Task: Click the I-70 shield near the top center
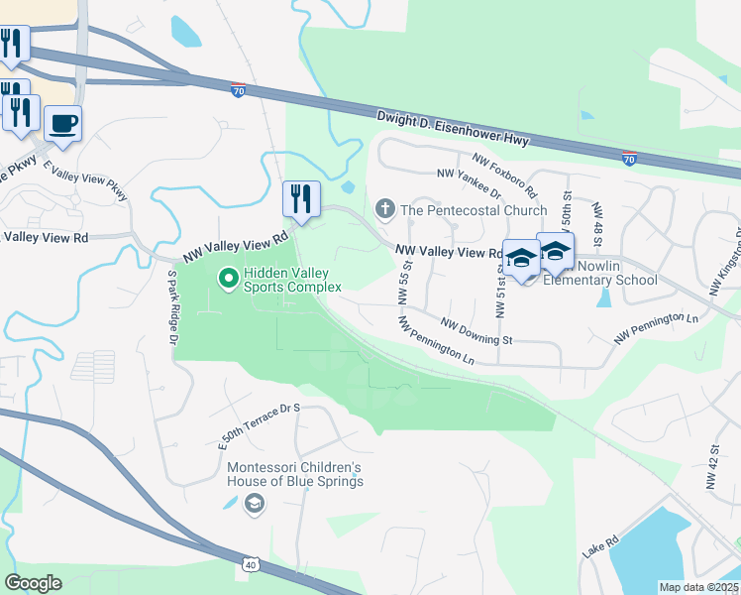(239, 90)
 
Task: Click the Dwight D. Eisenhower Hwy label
(453, 131)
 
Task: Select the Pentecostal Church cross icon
(384, 209)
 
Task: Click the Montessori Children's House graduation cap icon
(255, 504)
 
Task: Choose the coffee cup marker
(62, 123)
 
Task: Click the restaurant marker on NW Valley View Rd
(301, 198)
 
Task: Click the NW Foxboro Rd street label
(504, 176)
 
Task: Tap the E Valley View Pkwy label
(86, 179)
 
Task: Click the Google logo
(34, 583)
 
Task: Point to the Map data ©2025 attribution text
(699, 587)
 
